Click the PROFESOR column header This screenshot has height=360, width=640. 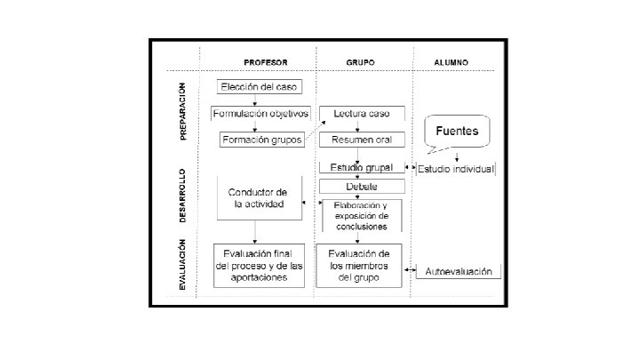click(x=267, y=62)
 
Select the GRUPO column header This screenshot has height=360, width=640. click(x=360, y=62)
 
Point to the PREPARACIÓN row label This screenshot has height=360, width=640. click(x=183, y=110)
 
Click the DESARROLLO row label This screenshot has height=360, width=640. click(x=183, y=196)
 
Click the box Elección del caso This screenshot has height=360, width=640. click(x=260, y=87)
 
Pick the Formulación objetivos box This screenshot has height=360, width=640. click(x=260, y=114)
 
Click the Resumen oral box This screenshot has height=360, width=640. click(x=360, y=140)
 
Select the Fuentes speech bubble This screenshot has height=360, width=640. click(x=457, y=132)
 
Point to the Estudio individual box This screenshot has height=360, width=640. click(x=456, y=168)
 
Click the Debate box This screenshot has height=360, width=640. click(x=360, y=186)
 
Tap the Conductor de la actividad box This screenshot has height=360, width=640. click(x=257, y=198)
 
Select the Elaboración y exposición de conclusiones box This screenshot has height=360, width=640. click(x=360, y=214)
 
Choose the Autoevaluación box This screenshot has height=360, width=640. click(x=458, y=271)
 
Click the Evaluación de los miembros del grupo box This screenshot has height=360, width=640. click(x=360, y=266)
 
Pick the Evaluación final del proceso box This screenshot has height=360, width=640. click(x=257, y=266)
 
